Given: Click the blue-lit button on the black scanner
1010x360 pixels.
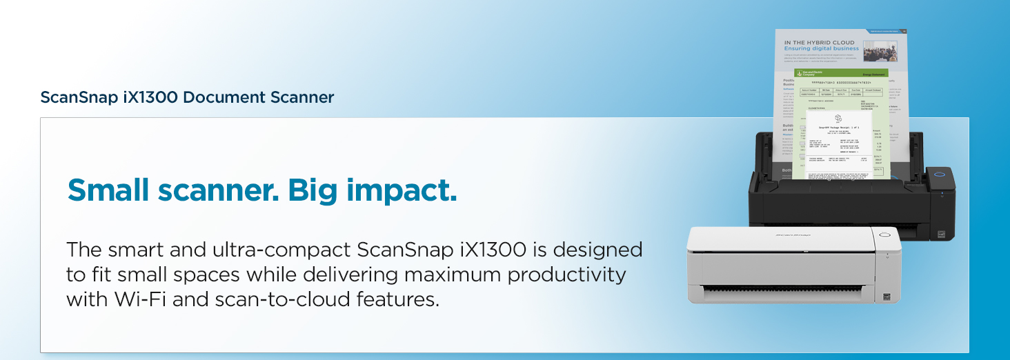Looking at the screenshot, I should point(938,174).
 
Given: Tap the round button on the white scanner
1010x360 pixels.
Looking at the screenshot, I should point(885,235).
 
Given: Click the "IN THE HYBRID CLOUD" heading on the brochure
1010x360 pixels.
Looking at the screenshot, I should point(819,43).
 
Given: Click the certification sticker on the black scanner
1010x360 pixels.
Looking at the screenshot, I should point(941,234).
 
